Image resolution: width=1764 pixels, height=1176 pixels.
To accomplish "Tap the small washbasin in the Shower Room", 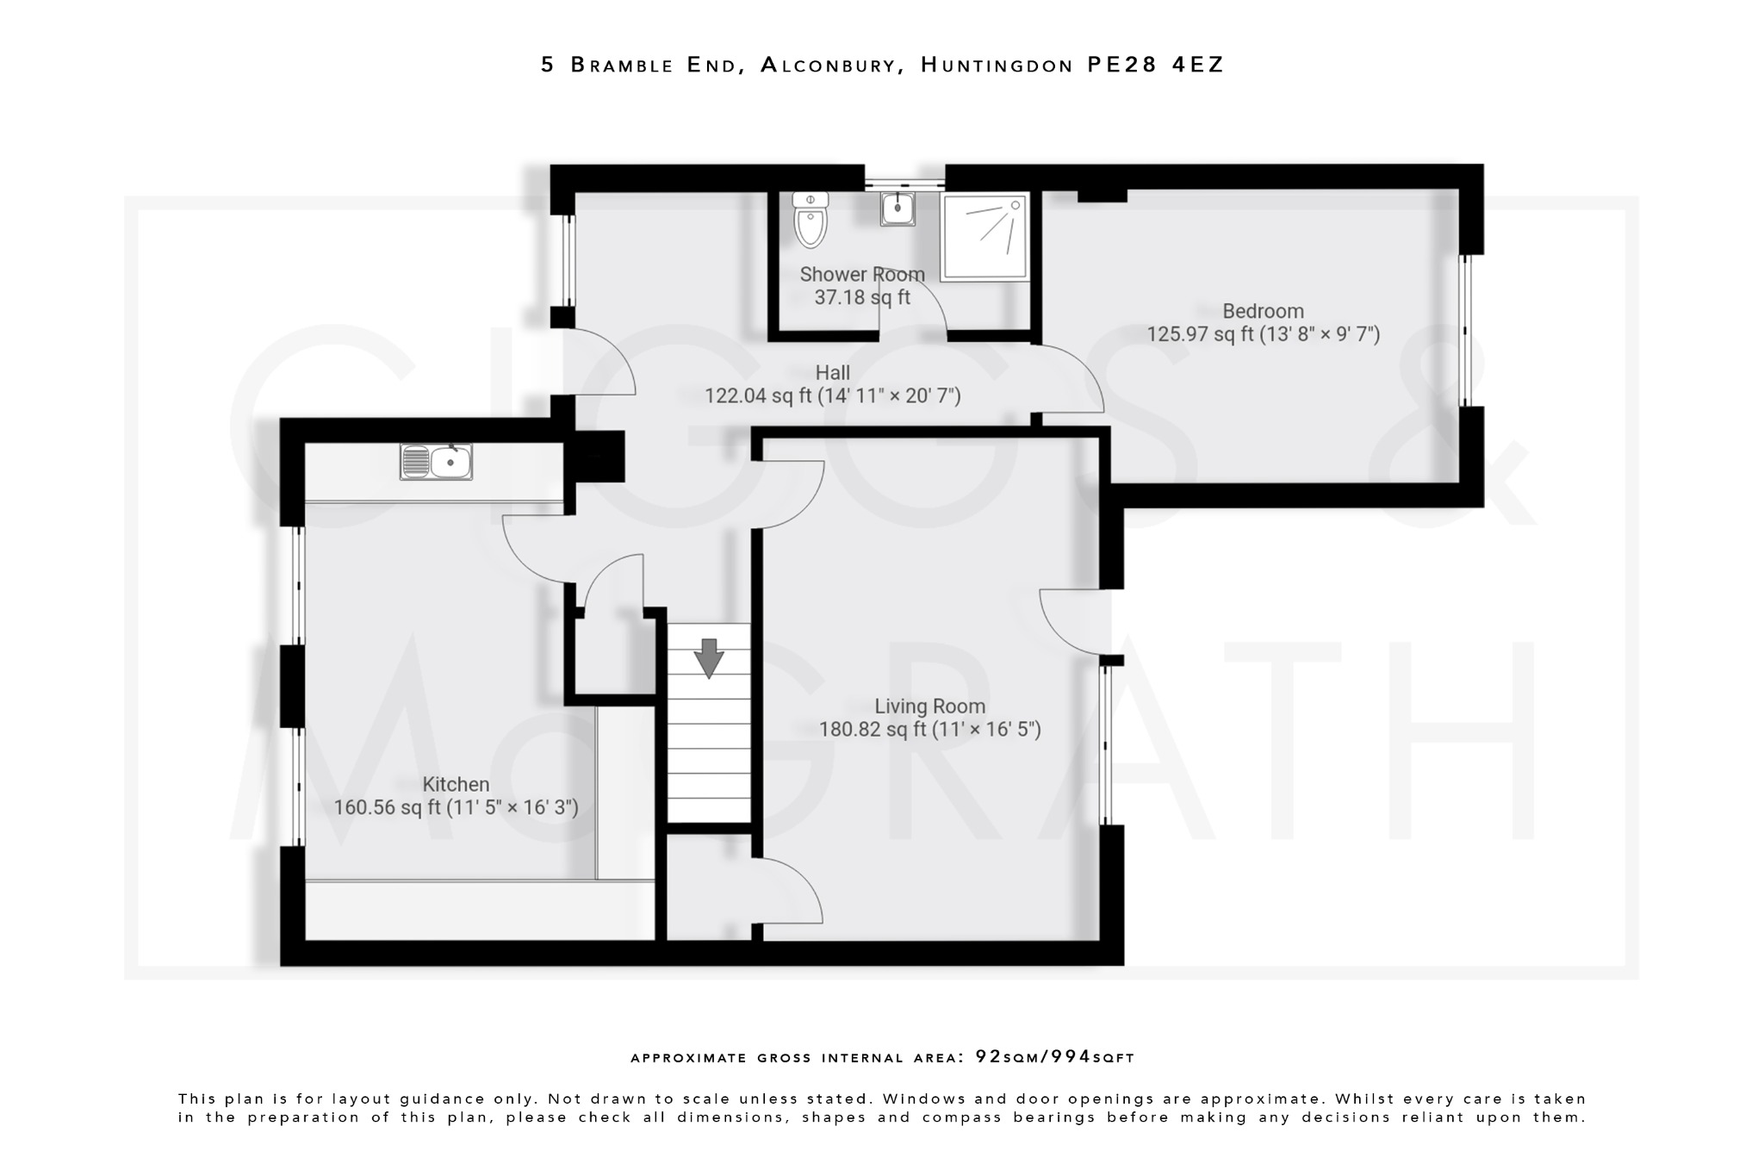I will point(898,208).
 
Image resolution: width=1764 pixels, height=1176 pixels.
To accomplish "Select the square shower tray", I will point(984,237).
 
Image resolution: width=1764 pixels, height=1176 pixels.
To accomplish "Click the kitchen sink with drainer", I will point(436,462).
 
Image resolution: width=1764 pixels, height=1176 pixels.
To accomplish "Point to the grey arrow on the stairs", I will point(709,657).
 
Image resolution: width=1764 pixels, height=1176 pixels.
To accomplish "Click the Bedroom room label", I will point(1263,311).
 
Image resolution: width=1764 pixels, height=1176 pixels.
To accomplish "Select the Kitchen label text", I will point(456,784).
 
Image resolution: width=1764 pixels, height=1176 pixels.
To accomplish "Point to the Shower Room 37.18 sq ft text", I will point(861,297).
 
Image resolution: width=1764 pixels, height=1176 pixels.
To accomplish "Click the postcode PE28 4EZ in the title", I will point(1155,65).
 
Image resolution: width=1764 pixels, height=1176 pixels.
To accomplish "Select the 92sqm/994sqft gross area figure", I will point(1054,1057).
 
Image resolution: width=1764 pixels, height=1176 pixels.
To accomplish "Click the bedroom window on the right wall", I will point(1465,330).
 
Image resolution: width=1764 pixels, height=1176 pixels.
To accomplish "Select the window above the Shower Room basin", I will point(904,183).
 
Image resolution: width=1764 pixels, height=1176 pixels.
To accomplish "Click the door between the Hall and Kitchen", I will point(534,551).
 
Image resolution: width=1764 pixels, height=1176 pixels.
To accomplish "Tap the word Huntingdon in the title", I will point(997,65).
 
